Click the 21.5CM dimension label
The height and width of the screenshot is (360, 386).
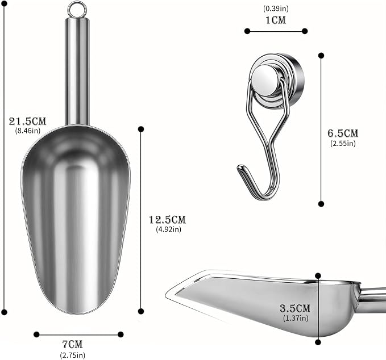coord(27,121)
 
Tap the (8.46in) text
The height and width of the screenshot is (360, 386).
coord(28,131)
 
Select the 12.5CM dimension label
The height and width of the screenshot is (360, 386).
coord(168,220)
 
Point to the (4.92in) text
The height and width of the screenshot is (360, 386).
coord(169,229)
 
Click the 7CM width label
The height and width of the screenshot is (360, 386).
coord(72,344)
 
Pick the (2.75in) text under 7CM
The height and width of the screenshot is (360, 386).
coord(73,355)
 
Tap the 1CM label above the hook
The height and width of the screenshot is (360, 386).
coord(276,20)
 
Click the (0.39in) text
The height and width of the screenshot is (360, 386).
coord(276,9)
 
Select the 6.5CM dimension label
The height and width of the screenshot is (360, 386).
coord(343,133)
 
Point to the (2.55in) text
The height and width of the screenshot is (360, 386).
coord(343,143)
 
